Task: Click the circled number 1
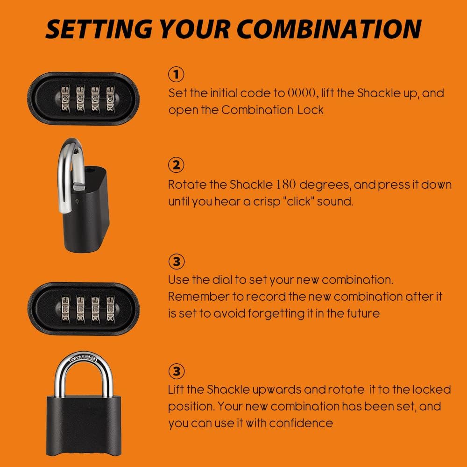click(176, 74)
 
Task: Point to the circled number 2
click(176, 165)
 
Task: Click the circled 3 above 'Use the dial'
click(176, 261)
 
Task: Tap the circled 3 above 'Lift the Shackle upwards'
click(176, 371)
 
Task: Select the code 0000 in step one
click(302, 93)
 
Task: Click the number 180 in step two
click(285, 184)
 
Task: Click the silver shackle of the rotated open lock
click(64, 177)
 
